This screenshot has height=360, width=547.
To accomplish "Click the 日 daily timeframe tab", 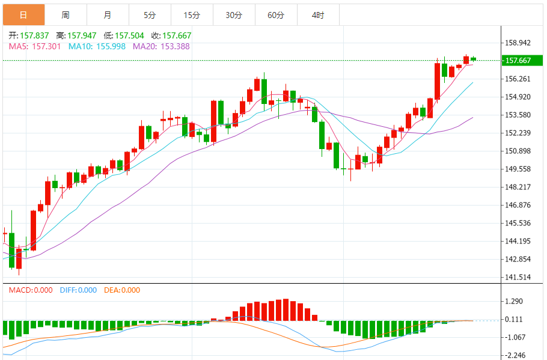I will coord(23,15).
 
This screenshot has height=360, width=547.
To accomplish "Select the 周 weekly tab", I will coord(66,15).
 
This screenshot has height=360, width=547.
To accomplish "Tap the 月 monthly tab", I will coord(107,15).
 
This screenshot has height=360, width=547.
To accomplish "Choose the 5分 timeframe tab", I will coord(150,15).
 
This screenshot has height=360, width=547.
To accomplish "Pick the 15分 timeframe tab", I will coord(192,15).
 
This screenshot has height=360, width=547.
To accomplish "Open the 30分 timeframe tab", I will coord(234,15).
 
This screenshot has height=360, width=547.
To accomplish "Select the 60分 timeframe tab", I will coord(276,15).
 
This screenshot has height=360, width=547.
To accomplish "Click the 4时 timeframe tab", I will coord(318,15).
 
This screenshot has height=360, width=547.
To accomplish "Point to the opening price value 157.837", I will coord(34,36).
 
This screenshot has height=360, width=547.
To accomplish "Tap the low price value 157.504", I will coord(129,36).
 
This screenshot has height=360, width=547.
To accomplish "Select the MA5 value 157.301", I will coord(46,46).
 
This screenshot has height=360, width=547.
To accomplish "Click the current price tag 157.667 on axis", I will coord(518,60).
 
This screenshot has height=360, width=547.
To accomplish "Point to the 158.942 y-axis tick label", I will coord(518,43).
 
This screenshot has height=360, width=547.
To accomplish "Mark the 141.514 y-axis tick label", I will coord(518,277).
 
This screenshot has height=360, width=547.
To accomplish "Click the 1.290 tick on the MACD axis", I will coord(515,301).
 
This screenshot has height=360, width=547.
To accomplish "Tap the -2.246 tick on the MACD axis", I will coord(515,355).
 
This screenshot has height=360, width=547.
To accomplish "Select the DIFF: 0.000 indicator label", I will coord(78,290).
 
